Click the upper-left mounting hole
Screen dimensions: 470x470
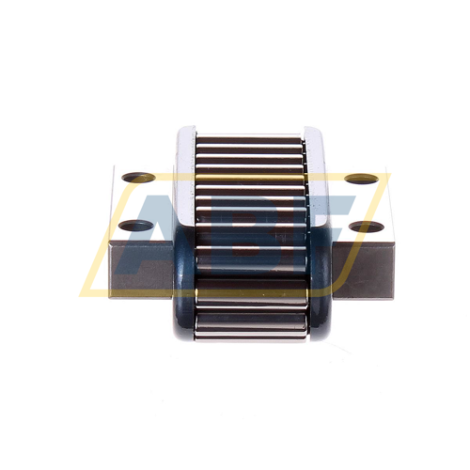tap(138, 177)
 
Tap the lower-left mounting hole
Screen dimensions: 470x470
tap(136, 227)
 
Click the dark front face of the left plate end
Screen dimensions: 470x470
tap(141, 269)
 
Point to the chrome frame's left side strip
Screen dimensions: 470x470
tap(184, 179)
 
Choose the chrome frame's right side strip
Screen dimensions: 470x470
tap(318, 179)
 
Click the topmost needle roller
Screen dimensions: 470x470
tap(251, 139)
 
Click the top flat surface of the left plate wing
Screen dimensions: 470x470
tap(141, 202)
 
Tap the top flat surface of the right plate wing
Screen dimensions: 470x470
tap(362, 202)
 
